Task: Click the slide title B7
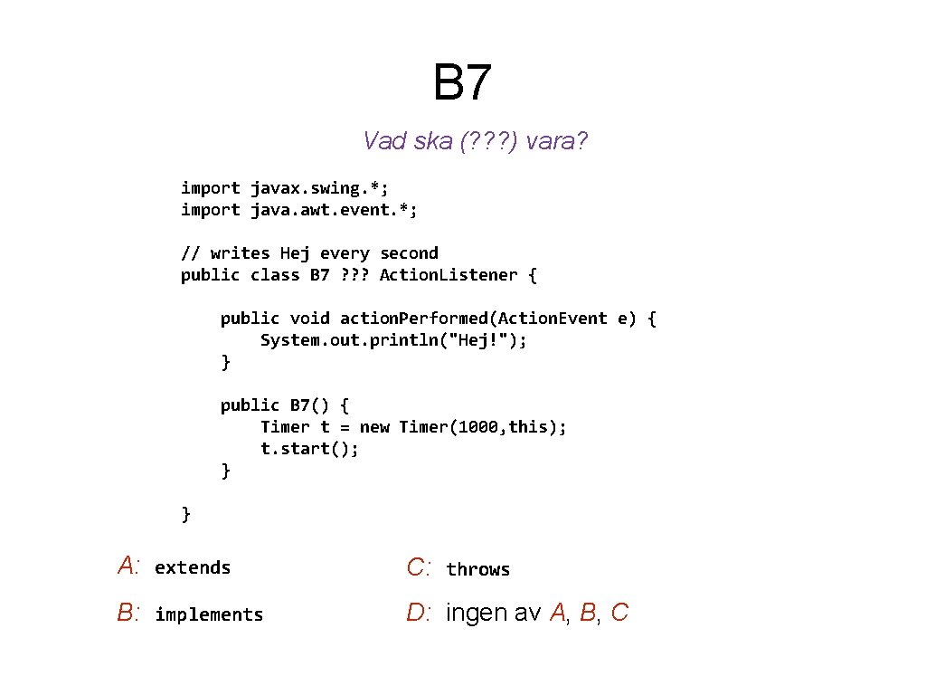coord(462,82)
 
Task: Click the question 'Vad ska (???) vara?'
coord(476,141)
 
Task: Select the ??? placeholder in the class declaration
coord(354,275)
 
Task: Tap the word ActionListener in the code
coord(449,275)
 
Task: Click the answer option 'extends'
coord(193,568)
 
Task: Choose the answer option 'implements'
coord(209,615)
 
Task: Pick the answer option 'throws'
coord(477,570)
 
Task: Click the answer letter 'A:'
coord(128,567)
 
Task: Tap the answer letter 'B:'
coord(128,614)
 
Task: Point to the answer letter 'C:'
coord(419,568)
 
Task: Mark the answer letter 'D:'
coord(419,614)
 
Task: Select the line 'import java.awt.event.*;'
coord(299,210)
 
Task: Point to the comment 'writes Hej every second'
coord(324,253)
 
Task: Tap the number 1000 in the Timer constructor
coord(477,427)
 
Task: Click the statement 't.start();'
coord(309,449)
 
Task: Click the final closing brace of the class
coord(186,514)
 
